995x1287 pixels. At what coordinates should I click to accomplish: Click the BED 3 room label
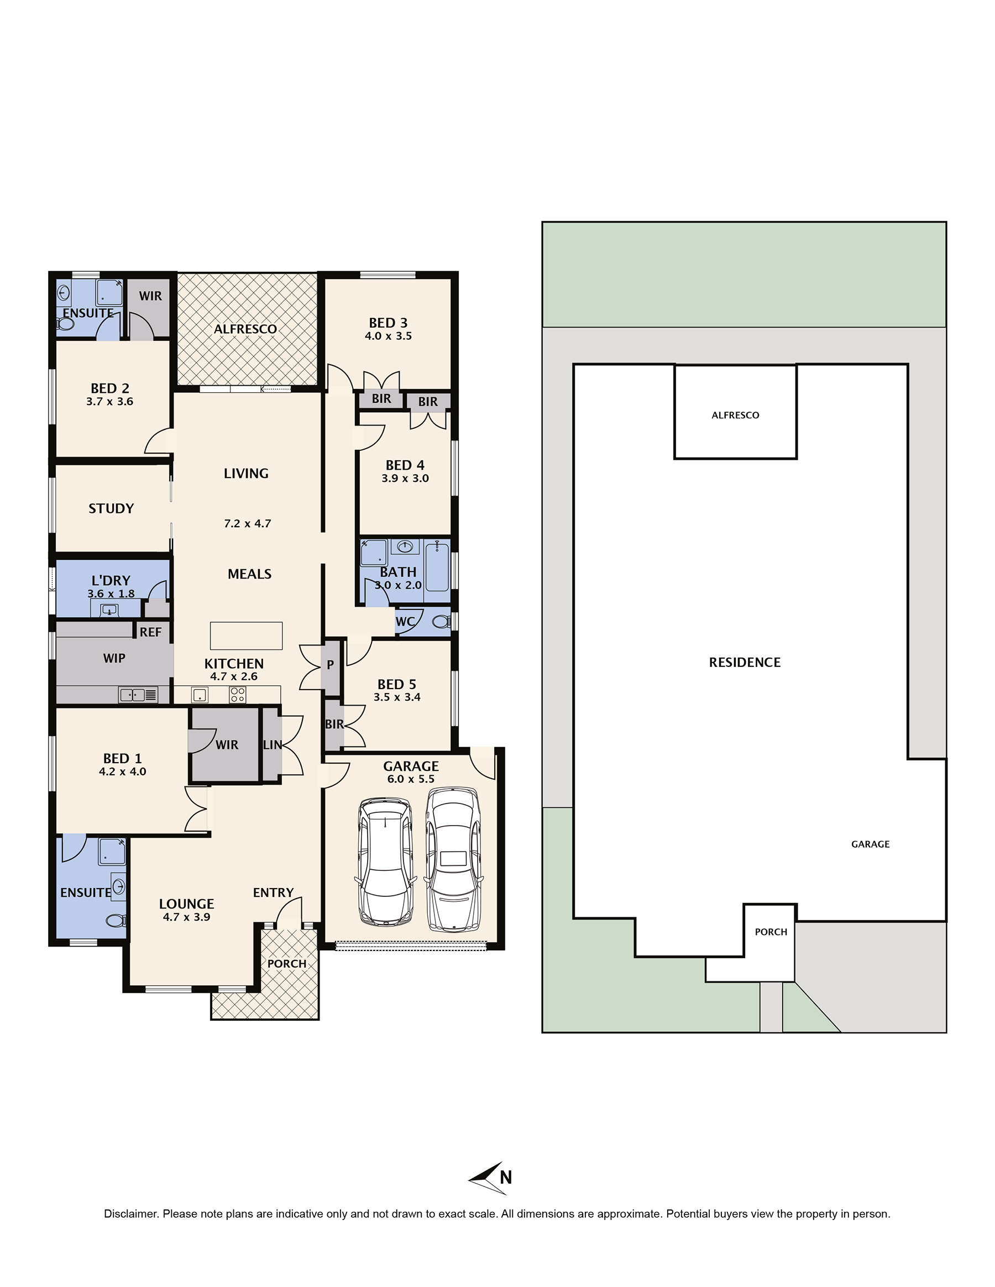(x=388, y=323)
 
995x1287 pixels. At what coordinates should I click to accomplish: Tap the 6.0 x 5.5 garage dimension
(x=411, y=779)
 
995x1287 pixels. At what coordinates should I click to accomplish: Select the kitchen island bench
(x=247, y=635)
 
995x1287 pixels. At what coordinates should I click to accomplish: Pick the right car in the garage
(x=453, y=859)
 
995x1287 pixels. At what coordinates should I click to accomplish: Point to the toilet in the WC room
(x=442, y=621)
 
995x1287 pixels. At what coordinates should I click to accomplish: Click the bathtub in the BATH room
(x=437, y=568)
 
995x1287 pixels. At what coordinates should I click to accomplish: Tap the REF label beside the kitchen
(x=150, y=632)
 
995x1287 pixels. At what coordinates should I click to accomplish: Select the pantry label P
(x=330, y=665)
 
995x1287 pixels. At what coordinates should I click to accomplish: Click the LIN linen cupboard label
(x=273, y=745)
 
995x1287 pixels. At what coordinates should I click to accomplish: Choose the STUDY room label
(x=111, y=508)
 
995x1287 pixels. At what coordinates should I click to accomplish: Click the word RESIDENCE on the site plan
(x=745, y=663)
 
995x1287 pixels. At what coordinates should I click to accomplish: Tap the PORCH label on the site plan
(x=771, y=932)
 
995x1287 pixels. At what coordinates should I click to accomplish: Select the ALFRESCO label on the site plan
(x=735, y=415)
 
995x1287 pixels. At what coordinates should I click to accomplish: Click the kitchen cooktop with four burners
(x=238, y=695)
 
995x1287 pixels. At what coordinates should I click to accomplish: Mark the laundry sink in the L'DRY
(x=109, y=610)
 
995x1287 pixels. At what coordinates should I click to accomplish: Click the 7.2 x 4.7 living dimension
(x=248, y=523)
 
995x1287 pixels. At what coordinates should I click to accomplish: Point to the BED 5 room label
(x=397, y=684)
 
